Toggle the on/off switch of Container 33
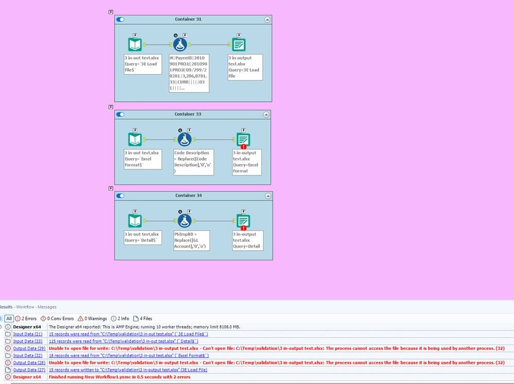pos(120,114)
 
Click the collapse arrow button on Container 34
pos(267,196)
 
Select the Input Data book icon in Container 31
pos(135,45)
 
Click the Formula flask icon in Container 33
pos(184,139)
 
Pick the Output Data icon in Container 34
pos(243,221)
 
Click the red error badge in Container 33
pos(243,147)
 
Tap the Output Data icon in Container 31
pos(238,45)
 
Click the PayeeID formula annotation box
pos(189,73)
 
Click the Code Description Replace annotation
pos(193,162)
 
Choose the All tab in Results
pos(8,319)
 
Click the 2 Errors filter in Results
pos(26,319)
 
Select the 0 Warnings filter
pos(92,319)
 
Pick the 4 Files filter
pos(143,319)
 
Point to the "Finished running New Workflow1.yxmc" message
pos(119,377)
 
